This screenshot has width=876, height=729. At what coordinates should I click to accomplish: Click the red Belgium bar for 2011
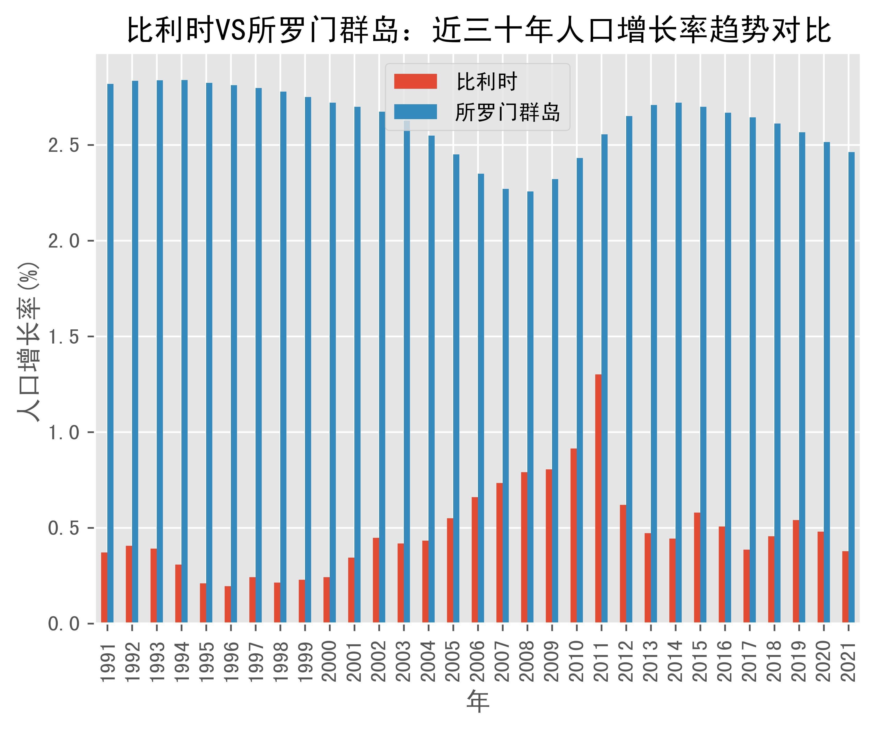coord(598,498)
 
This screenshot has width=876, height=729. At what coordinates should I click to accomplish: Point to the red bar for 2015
coord(697,568)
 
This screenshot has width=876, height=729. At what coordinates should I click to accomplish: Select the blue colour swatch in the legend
coord(415,112)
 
